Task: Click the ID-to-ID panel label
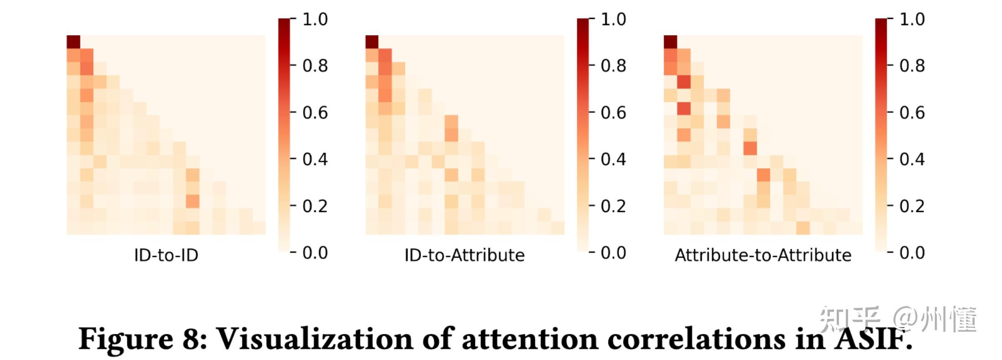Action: point(166,255)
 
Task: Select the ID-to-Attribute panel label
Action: point(464,255)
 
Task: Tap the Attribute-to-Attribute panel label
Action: point(763,255)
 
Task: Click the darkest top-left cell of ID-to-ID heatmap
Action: point(74,42)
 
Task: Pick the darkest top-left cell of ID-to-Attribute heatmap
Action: point(372,42)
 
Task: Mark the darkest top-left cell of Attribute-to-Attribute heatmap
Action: point(670,42)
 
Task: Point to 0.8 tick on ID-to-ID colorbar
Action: point(315,66)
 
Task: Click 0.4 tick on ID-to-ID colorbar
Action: point(315,159)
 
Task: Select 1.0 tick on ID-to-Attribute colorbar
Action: point(613,19)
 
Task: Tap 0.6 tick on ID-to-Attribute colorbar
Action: point(613,113)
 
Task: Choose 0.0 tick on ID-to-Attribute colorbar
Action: point(613,253)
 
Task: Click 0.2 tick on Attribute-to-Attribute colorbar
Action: point(912,206)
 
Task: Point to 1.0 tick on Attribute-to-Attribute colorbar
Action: point(912,19)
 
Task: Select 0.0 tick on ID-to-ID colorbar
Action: point(315,253)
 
